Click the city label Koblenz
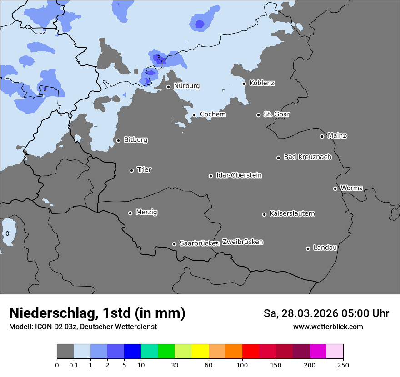point(262,83)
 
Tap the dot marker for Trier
point(132,170)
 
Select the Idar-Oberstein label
point(239,175)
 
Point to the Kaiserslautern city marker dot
point(264,214)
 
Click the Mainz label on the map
point(337,135)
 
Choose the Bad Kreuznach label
point(307,157)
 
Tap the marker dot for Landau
point(308,248)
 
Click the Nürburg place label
point(186,86)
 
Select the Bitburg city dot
point(118,140)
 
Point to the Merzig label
point(146,212)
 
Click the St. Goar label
point(276,114)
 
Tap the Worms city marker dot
point(335,188)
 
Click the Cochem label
point(213,114)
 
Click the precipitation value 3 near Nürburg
point(159,58)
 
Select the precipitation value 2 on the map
point(45,89)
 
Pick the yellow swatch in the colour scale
point(200,352)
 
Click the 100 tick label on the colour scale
point(242,365)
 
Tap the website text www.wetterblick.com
point(328,327)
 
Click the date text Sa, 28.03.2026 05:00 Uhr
point(326,313)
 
